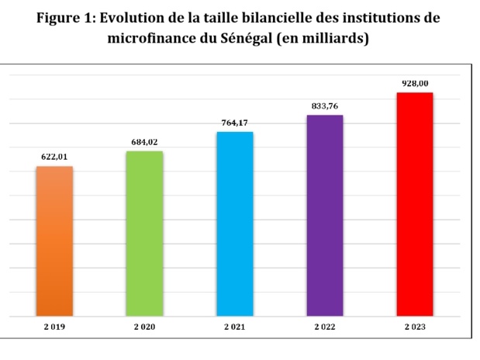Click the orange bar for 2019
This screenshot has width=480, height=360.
54,241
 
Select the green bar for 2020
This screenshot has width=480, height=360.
144,234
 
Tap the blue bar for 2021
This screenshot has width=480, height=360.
234,224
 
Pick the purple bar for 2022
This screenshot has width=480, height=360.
324,216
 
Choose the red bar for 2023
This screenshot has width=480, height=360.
414,205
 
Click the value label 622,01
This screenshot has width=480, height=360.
54,157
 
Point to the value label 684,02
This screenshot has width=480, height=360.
144,141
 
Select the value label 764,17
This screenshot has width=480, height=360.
234,123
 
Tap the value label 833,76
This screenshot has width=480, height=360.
324,106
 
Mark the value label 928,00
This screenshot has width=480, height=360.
414,82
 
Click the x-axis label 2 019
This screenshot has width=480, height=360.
54,328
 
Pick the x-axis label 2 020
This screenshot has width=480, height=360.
144,328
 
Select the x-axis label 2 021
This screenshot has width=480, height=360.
234,328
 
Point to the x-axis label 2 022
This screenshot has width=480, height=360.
324,328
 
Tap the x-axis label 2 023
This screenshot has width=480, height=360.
414,328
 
